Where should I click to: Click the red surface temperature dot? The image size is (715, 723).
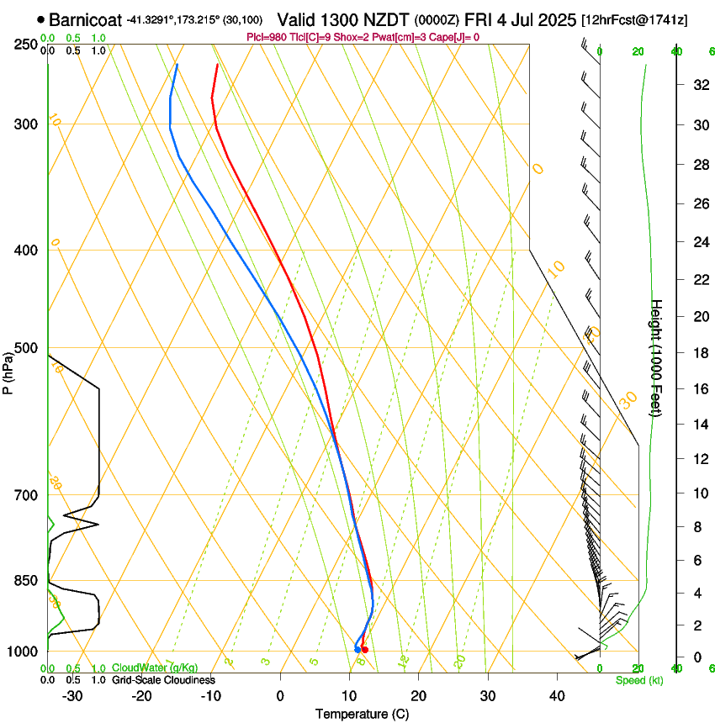pyautogui.click(x=364, y=650)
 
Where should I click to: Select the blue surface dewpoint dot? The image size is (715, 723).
pyautogui.click(x=357, y=649)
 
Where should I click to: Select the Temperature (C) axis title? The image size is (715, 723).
pyautogui.click(x=362, y=714)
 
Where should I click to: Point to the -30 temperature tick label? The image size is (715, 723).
pyautogui.click(x=72, y=696)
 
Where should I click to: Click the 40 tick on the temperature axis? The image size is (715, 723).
pyautogui.click(x=556, y=696)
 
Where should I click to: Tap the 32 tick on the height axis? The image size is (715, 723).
pyautogui.click(x=698, y=85)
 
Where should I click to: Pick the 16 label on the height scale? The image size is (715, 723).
pyautogui.click(x=698, y=389)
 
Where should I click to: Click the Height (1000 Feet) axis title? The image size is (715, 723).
pyautogui.click(x=657, y=357)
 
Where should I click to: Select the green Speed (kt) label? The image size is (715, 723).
pyautogui.click(x=638, y=680)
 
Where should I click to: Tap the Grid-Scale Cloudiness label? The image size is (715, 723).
pyautogui.click(x=163, y=680)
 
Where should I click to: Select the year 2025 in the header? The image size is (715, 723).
pyautogui.click(x=559, y=19)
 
